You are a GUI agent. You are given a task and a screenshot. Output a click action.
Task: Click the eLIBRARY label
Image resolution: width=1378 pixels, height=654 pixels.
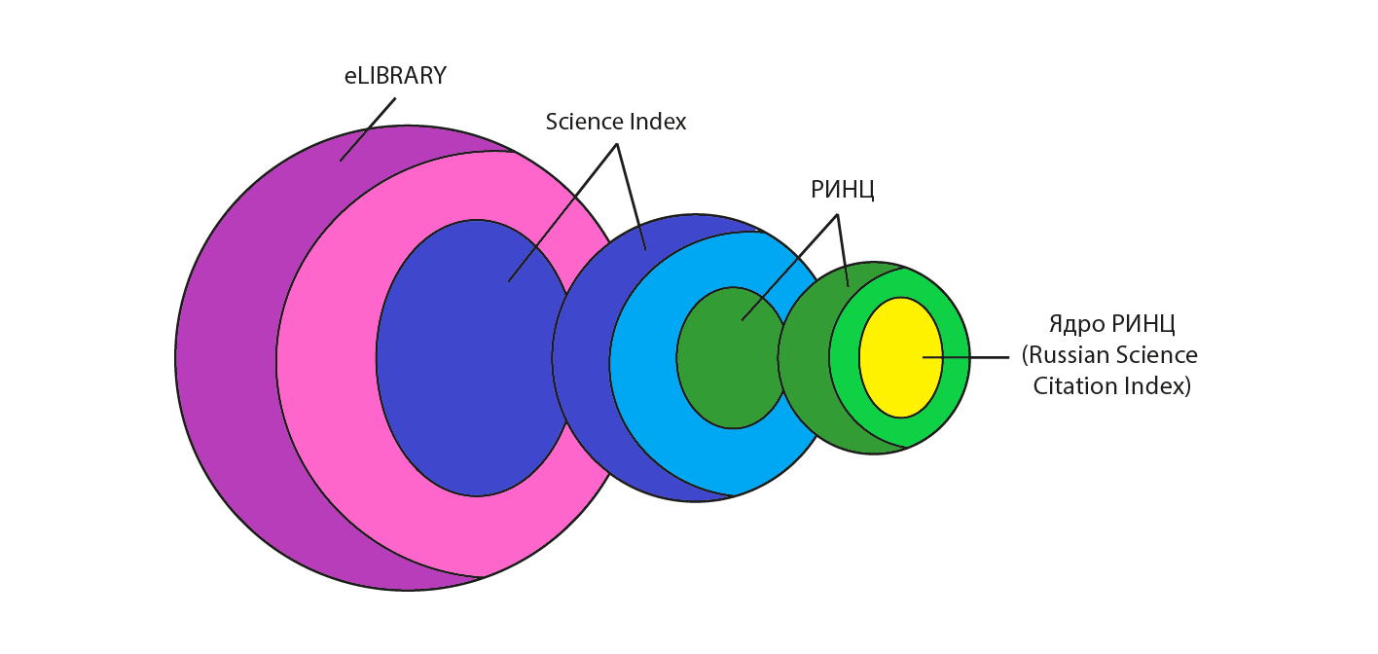pyautogui.click(x=395, y=76)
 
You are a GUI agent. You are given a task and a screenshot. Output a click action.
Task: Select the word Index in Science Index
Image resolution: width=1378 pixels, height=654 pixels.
pyautogui.click(x=655, y=123)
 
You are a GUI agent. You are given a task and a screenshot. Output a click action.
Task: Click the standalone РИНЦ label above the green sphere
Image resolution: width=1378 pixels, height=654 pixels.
pyautogui.click(x=843, y=190)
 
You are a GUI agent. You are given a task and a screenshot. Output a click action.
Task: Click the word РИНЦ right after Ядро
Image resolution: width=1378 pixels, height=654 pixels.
pyautogui.click(x=1143, y=324)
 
